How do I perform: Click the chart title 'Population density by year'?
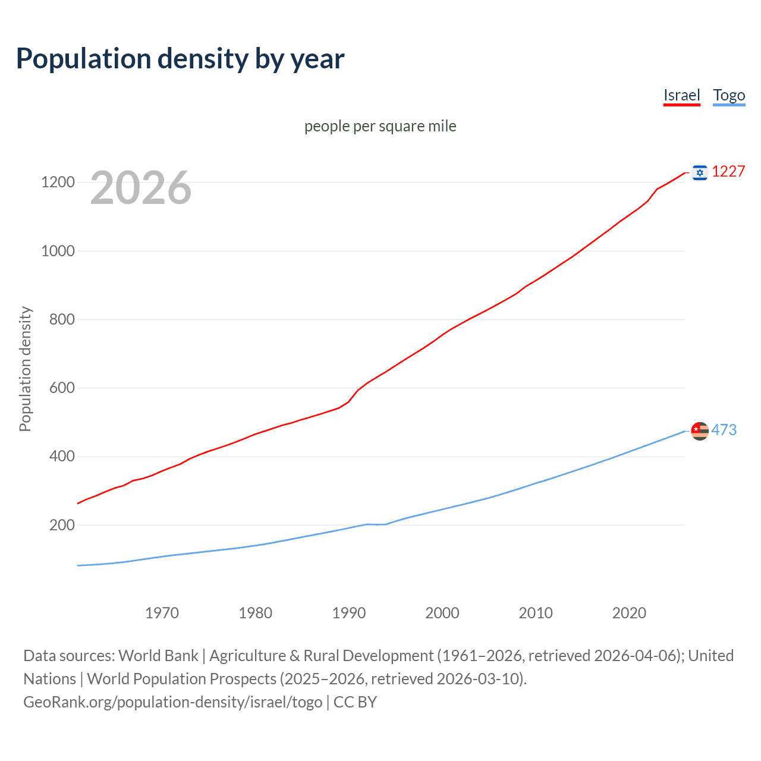pyautogui.click(x=180, y=59)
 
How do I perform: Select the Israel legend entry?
pyautogui.click(x=681, y=95)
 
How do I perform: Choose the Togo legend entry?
pyautogui.click(x=729, y=95)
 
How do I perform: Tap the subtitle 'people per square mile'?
pyautogui.click(x=380, y=126)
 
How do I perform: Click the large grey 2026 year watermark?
pyautogui.click(x=141, y=188)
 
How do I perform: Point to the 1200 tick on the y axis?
pyautogui.click(x=58, y=182)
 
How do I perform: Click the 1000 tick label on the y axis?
pyautogui.click(x=58, y=251)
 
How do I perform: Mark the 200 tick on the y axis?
pyautogui.click(x=62, y=525)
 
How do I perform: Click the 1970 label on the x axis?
pyautogui.click(x=162, y=613)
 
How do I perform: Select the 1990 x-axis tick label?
pyautogui.click(x=349, y=613)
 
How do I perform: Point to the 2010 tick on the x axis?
pyautogui.click(x=536, y=613)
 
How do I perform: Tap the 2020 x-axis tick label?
pyautogui.click(x=629, y=613)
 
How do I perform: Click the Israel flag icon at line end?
pyautogui.click(x=700, y=172)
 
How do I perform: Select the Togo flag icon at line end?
pyautogui.click(x=700, y=430)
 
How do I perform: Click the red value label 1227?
pyautogui.click(x=728, y=172)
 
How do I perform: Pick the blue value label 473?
pyautogui.click(x=724, y=430)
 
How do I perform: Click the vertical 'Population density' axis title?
pyautogui.click(x=25, y=369)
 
